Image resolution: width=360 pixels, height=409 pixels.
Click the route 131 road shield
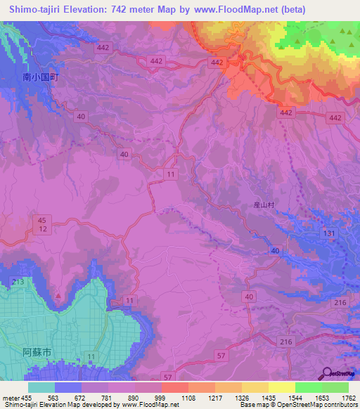[328, 233]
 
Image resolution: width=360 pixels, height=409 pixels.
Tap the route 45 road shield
[42, 220]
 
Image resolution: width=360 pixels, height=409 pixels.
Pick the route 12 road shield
[42, 229]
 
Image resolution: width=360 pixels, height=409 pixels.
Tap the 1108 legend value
[188, 397]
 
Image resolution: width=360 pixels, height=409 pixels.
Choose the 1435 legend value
[268, 397]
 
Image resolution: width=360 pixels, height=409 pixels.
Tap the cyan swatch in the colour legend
[41, 387]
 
